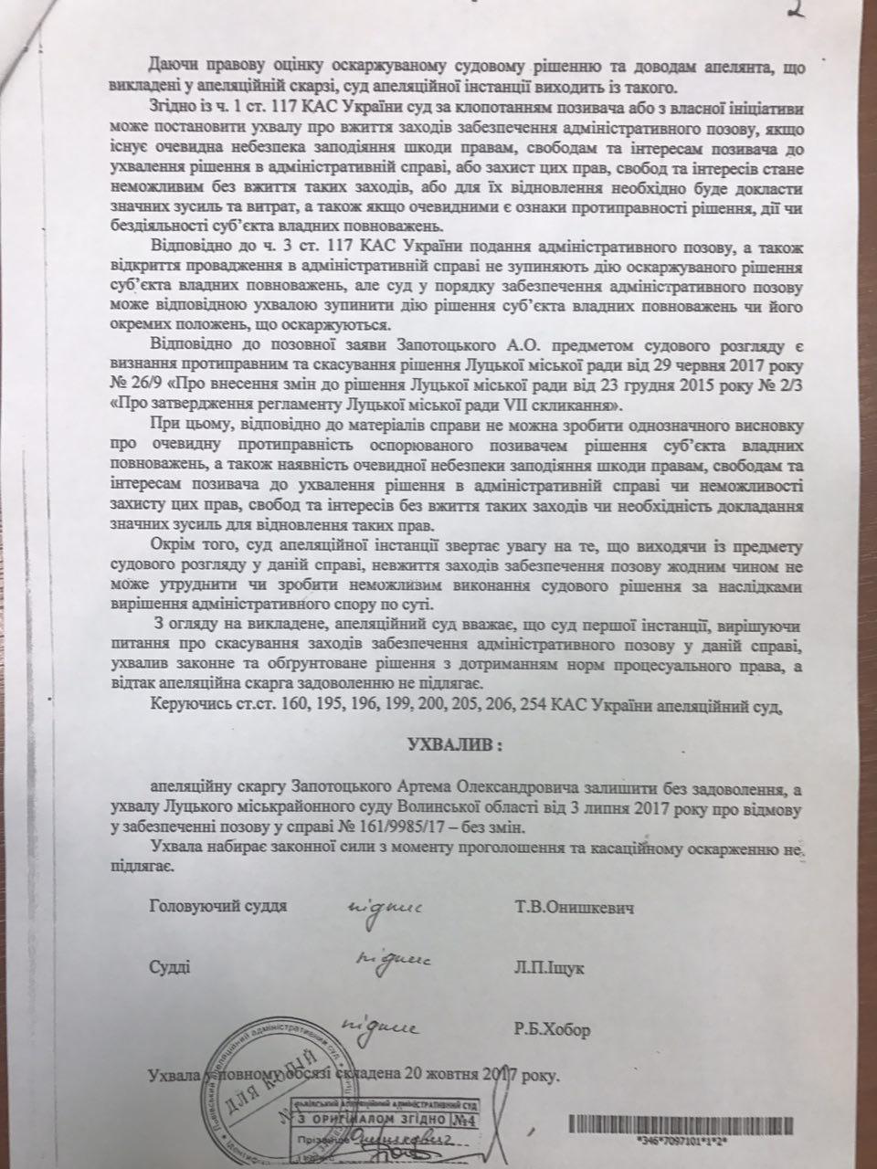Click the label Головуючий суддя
(217, 907)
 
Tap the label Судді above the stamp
(170, 968)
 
